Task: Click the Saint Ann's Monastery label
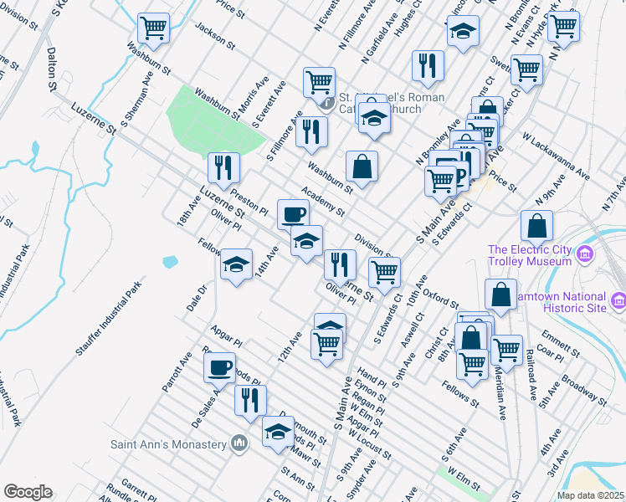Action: [x=169, y=443]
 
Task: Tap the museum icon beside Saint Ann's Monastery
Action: [x=239, y=443]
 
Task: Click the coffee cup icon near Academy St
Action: [x=293, y=214]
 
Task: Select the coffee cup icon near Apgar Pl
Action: [x=220, y=366]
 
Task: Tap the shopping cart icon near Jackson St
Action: [x=154, y=28]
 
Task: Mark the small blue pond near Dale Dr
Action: [x=170, y=261]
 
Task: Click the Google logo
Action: [x=28, y=492]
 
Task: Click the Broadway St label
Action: [x=577, y=392]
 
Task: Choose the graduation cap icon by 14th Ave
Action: [x=237, y=265]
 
